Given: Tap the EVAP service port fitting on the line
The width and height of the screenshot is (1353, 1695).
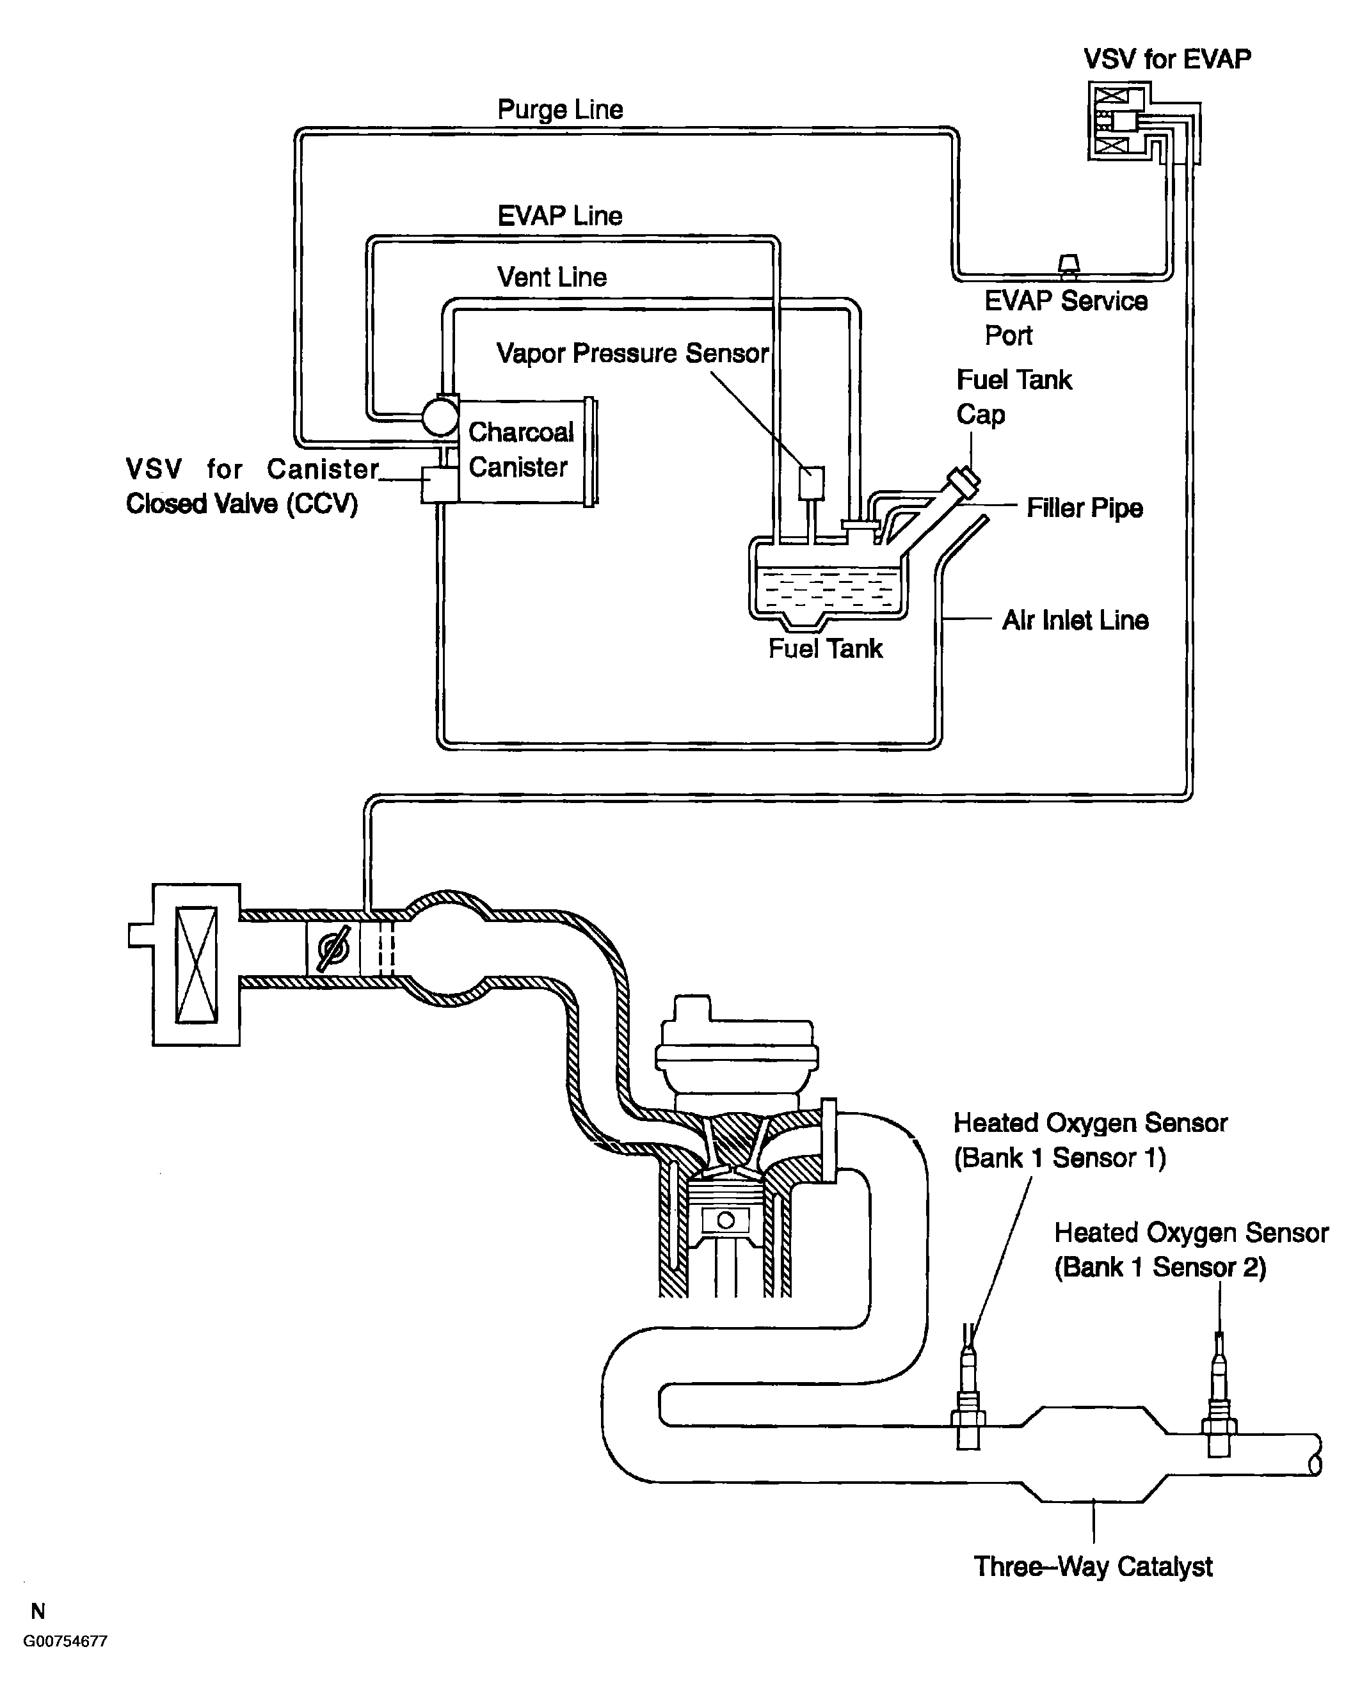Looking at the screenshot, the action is pyautogui.click(x=1068, y=267).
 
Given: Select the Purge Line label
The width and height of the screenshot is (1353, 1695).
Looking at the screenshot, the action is pyautogui.click(x=561, y=109).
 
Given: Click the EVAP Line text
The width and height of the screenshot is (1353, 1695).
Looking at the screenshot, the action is pyautogui.click(x=560, y=216).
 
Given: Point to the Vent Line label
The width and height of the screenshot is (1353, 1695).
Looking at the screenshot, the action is pyautogui.click(x=552, y=276).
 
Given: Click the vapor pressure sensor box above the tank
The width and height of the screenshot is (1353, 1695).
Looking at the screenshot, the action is pyautogui.click(x=812, y=482).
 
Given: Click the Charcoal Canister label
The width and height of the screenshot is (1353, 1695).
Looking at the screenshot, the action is pyautogui.click(x=520, y=449).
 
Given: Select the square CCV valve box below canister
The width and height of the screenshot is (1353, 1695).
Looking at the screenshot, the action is pyautogui.click(x=440, y=485).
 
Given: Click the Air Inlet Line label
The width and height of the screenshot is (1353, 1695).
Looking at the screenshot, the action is pyautogui.click(x=1075, y=620).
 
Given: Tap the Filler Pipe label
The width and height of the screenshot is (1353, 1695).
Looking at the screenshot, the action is pyautogui.click(x=1084, y=508).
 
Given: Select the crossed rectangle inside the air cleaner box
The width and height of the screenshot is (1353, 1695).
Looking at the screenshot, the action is pyautogui.click(x=196, y=965).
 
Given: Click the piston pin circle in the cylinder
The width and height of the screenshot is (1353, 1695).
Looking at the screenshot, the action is pyautogui.click(x=726, y=1221).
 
